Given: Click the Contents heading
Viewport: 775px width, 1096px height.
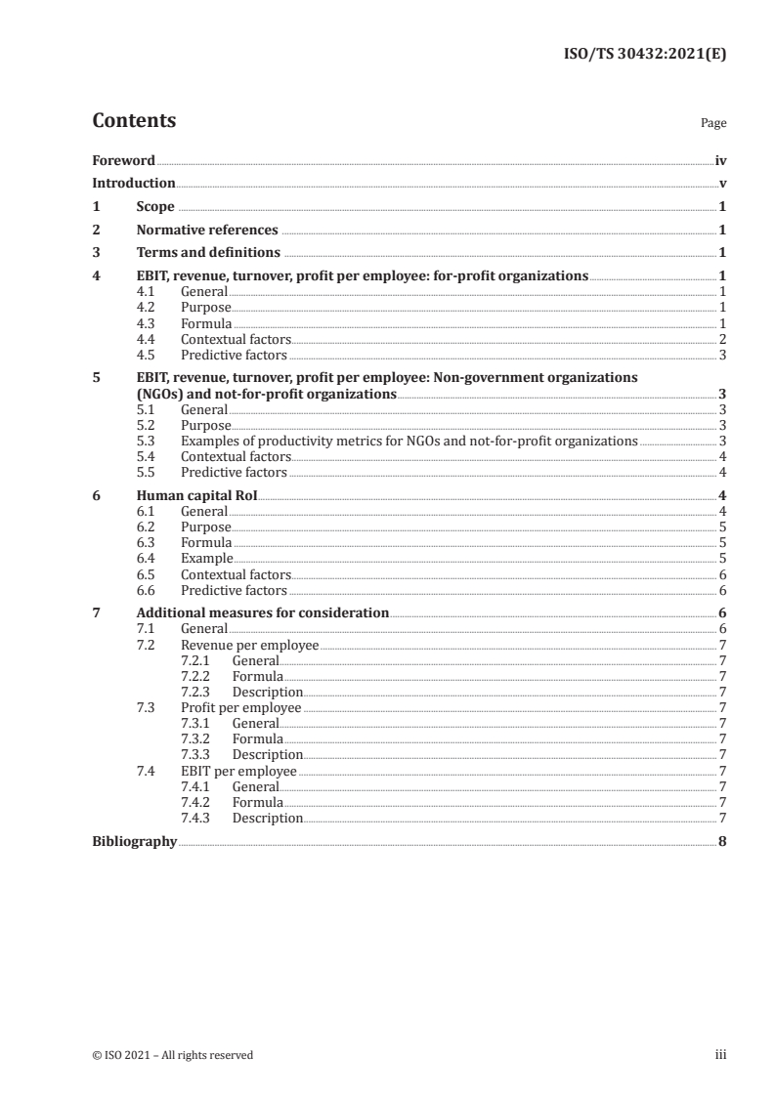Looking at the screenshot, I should coord(134,121).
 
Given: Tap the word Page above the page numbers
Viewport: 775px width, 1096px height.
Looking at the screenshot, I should coord(713,124).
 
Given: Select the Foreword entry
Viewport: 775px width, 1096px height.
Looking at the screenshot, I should coord(123,160).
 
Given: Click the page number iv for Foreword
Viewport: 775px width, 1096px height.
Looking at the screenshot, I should coord(719,160).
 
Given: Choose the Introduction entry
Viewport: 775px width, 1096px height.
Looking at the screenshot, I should coord(134,184).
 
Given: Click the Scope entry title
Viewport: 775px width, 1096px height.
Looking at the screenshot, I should coord(155,207).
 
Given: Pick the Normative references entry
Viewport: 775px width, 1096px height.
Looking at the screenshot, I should coord(207,231).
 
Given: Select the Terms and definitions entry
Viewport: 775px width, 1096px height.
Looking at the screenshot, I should coord(208,253).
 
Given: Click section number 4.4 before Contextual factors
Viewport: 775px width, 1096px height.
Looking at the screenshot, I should coord(150,339).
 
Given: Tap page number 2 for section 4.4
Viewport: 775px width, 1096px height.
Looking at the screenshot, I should coord(721,339).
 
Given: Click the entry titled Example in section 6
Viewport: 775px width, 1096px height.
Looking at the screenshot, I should coord(206,559).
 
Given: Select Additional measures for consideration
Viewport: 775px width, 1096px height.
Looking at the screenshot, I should coord(262,613).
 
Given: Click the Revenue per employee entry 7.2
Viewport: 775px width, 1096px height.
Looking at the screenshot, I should coord(250,646).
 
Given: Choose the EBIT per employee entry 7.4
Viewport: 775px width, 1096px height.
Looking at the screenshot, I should coord(238,771).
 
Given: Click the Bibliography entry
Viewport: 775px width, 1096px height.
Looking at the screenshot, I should coord(134,842).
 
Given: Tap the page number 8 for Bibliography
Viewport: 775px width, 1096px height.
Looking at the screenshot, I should coord(721,842).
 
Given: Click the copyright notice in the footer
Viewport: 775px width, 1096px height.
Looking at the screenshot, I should coord(173,1055).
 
